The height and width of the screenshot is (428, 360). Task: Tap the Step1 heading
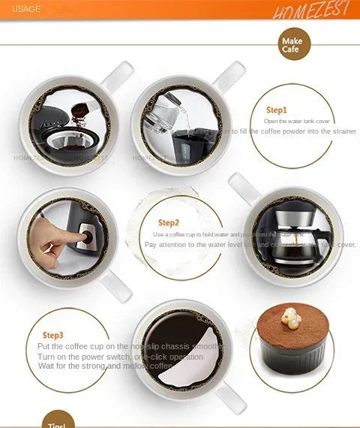[276, 110]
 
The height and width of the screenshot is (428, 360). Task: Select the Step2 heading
[169, 222]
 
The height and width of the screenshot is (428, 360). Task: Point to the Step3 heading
[52, 335]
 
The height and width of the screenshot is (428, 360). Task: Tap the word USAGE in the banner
[26, 9]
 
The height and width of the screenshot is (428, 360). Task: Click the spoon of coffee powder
[82, 113]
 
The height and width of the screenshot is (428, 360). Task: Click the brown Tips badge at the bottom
[58, 420]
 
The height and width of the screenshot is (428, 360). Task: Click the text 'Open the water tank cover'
[297, 121]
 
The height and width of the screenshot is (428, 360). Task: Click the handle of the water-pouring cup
[229, 74]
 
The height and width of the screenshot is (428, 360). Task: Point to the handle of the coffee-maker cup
[244, 185]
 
